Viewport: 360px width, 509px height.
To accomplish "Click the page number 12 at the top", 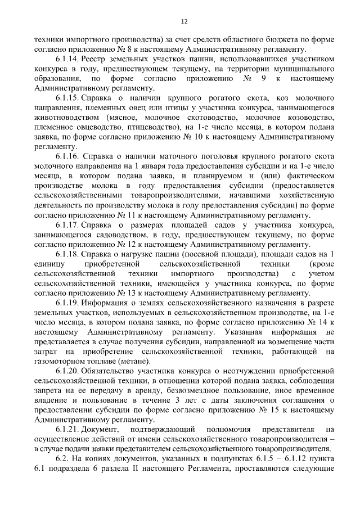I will pyautogui.click(x=184, y=21).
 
